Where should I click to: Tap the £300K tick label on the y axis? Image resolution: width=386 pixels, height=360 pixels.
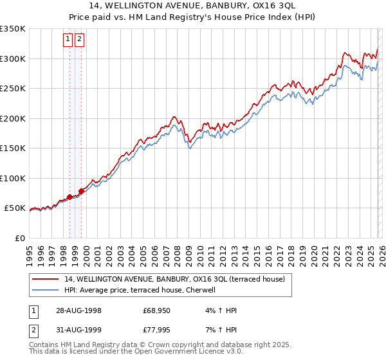point(12,59)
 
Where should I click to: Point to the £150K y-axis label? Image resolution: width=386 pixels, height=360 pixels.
point(12,148)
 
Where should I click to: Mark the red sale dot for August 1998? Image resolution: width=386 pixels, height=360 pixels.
point(70,197)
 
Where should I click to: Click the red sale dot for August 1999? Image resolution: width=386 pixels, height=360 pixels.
point(82,191)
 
